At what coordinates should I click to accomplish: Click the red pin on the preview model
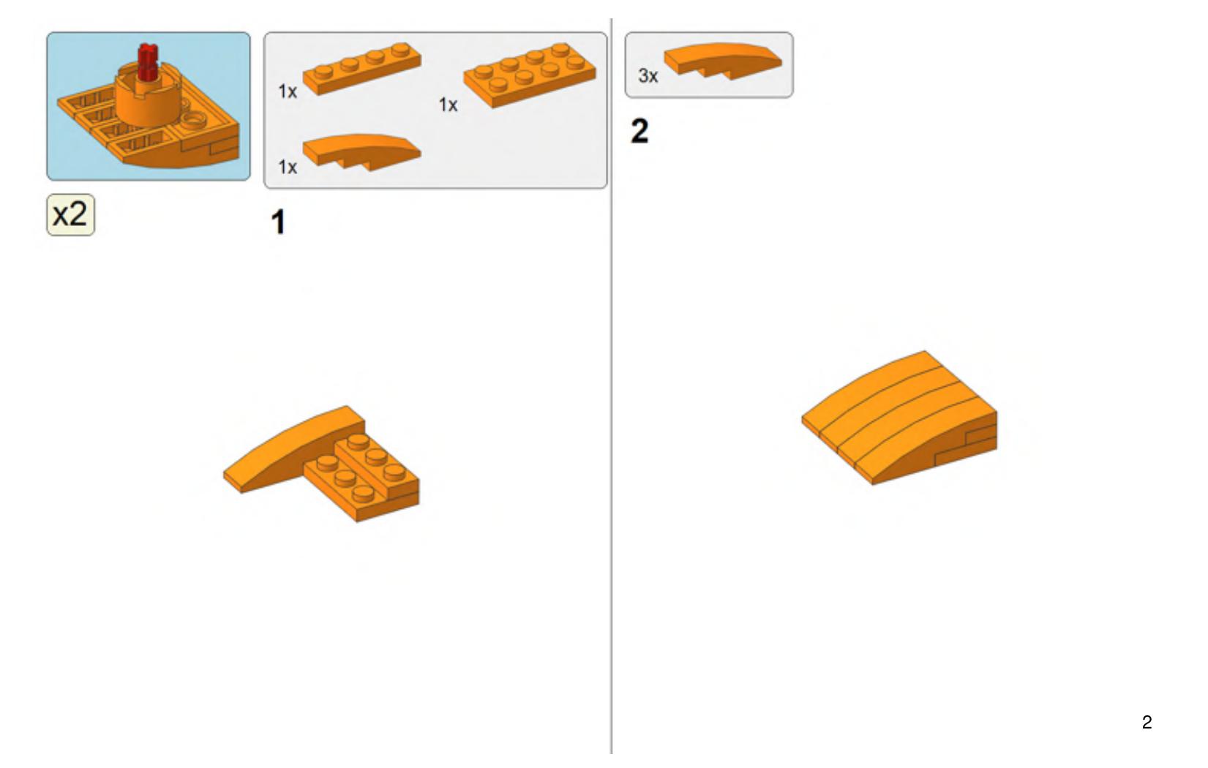coord(146,62)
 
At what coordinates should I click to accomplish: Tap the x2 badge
coord(71,215)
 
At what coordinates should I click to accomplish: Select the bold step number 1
coord(278,222)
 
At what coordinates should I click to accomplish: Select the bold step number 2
coord(639,131)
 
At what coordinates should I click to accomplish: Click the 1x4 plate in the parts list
coord(362,69)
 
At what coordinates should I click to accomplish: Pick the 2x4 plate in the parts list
coord(530,75)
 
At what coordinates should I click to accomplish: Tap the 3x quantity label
coord(648,76)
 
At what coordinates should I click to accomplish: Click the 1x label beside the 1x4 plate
coord(288,91)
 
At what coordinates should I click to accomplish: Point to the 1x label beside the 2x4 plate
coord(448,105)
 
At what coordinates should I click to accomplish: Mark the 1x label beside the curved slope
coord(288,167)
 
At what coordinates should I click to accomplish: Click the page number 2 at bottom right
coord(1147,722)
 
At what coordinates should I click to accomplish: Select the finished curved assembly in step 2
coord(899,418)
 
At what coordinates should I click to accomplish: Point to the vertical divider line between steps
coord(611,386)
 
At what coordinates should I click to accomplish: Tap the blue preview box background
coord(216,54)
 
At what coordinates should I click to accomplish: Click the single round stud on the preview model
coord(193,122)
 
